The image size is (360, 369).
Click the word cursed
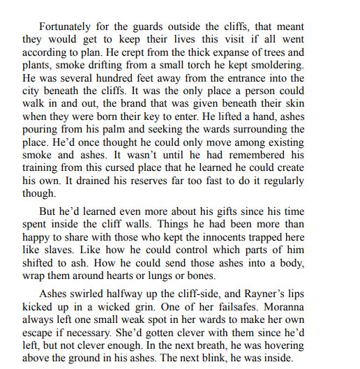coord(152,168)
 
